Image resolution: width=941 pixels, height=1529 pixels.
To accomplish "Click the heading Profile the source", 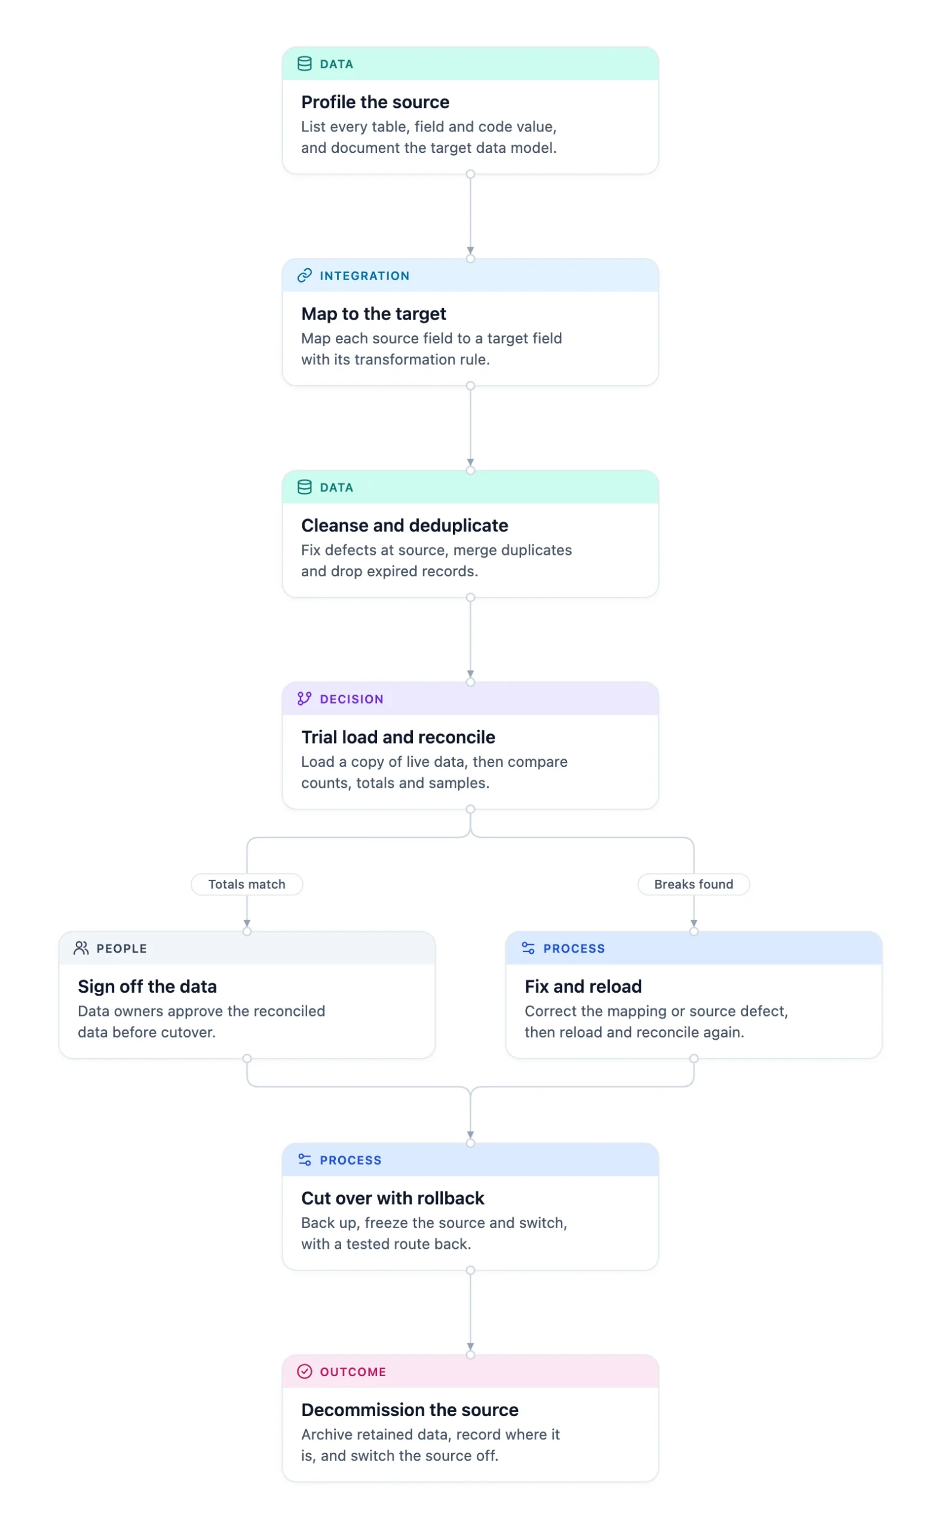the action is pos(375,102).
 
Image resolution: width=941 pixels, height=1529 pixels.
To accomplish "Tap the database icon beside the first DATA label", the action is pos(304,64).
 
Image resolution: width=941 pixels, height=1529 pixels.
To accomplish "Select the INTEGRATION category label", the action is pos(364,275).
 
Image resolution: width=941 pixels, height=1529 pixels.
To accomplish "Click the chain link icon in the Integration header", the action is pos(304,275).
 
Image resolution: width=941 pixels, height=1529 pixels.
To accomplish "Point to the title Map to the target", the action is pos(373,314).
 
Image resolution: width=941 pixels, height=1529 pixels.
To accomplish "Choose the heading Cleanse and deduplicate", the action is pos(404,526).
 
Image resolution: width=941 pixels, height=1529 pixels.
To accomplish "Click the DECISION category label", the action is pos(352,699).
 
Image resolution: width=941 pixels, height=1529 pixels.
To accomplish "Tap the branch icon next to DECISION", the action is pos(304,699).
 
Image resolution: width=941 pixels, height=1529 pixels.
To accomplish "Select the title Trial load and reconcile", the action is pos(399,737).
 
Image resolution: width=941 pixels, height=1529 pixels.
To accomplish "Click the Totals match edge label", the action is pos(247,884).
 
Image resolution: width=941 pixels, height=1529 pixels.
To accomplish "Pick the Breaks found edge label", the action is pos(694,884).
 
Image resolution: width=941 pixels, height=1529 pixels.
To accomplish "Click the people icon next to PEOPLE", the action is pos(81,948).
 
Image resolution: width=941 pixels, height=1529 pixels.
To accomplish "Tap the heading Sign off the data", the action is pos(148,987).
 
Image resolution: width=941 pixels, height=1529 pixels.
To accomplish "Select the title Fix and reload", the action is pos(583,987).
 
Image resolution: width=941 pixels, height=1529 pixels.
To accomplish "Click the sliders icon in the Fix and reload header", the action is pos(528,948).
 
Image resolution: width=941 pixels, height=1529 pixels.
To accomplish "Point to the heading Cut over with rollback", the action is pos(393,1198).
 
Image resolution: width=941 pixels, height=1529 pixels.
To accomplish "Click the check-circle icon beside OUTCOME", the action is pos(304,1372).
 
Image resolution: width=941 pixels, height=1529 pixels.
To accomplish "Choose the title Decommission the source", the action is pos(410,1410).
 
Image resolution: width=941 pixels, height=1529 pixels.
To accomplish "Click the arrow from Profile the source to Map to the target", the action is pos(471,216).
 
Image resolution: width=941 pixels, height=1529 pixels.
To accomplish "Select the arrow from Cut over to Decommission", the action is pos(471,1313).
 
